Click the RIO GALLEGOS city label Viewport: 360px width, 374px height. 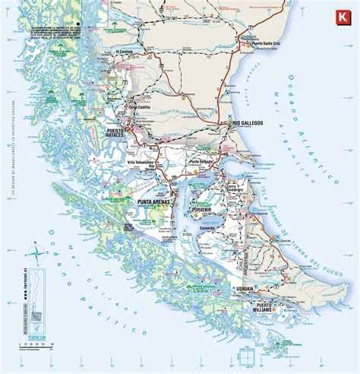[x=248, y=122]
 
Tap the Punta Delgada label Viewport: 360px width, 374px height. [x=204, y=161]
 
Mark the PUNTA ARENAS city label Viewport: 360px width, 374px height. [x=157, y=203]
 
